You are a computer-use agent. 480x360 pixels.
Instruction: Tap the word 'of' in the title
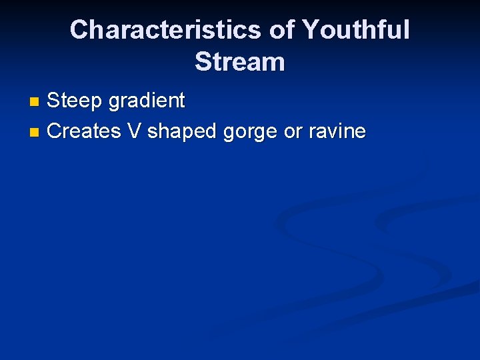[x=281, y=30]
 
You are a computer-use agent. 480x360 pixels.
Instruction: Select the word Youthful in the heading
[x=355, y=30]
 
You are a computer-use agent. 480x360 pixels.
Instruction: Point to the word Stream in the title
[x=239, y=62]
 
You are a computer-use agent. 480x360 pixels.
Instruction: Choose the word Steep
[x=74, y=101]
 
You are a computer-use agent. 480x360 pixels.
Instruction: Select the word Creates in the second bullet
[x=84, y=131]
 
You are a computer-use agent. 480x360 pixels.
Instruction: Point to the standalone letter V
[x=134, y=131]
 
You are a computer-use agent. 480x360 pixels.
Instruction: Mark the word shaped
[x=182, y=131]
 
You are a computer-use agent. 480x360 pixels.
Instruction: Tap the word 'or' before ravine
[x=293, y=132]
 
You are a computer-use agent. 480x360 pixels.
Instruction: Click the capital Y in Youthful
[x=311, y=30]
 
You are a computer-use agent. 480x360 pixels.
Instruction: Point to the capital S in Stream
[x=203, y=62]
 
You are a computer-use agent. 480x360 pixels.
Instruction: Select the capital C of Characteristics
[x=80, y=30]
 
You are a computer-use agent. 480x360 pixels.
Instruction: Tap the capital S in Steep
[x=54, y=101]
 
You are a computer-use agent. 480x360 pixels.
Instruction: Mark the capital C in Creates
[x=55, y=131]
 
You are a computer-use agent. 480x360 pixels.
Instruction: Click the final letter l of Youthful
[x=407, y=30]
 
